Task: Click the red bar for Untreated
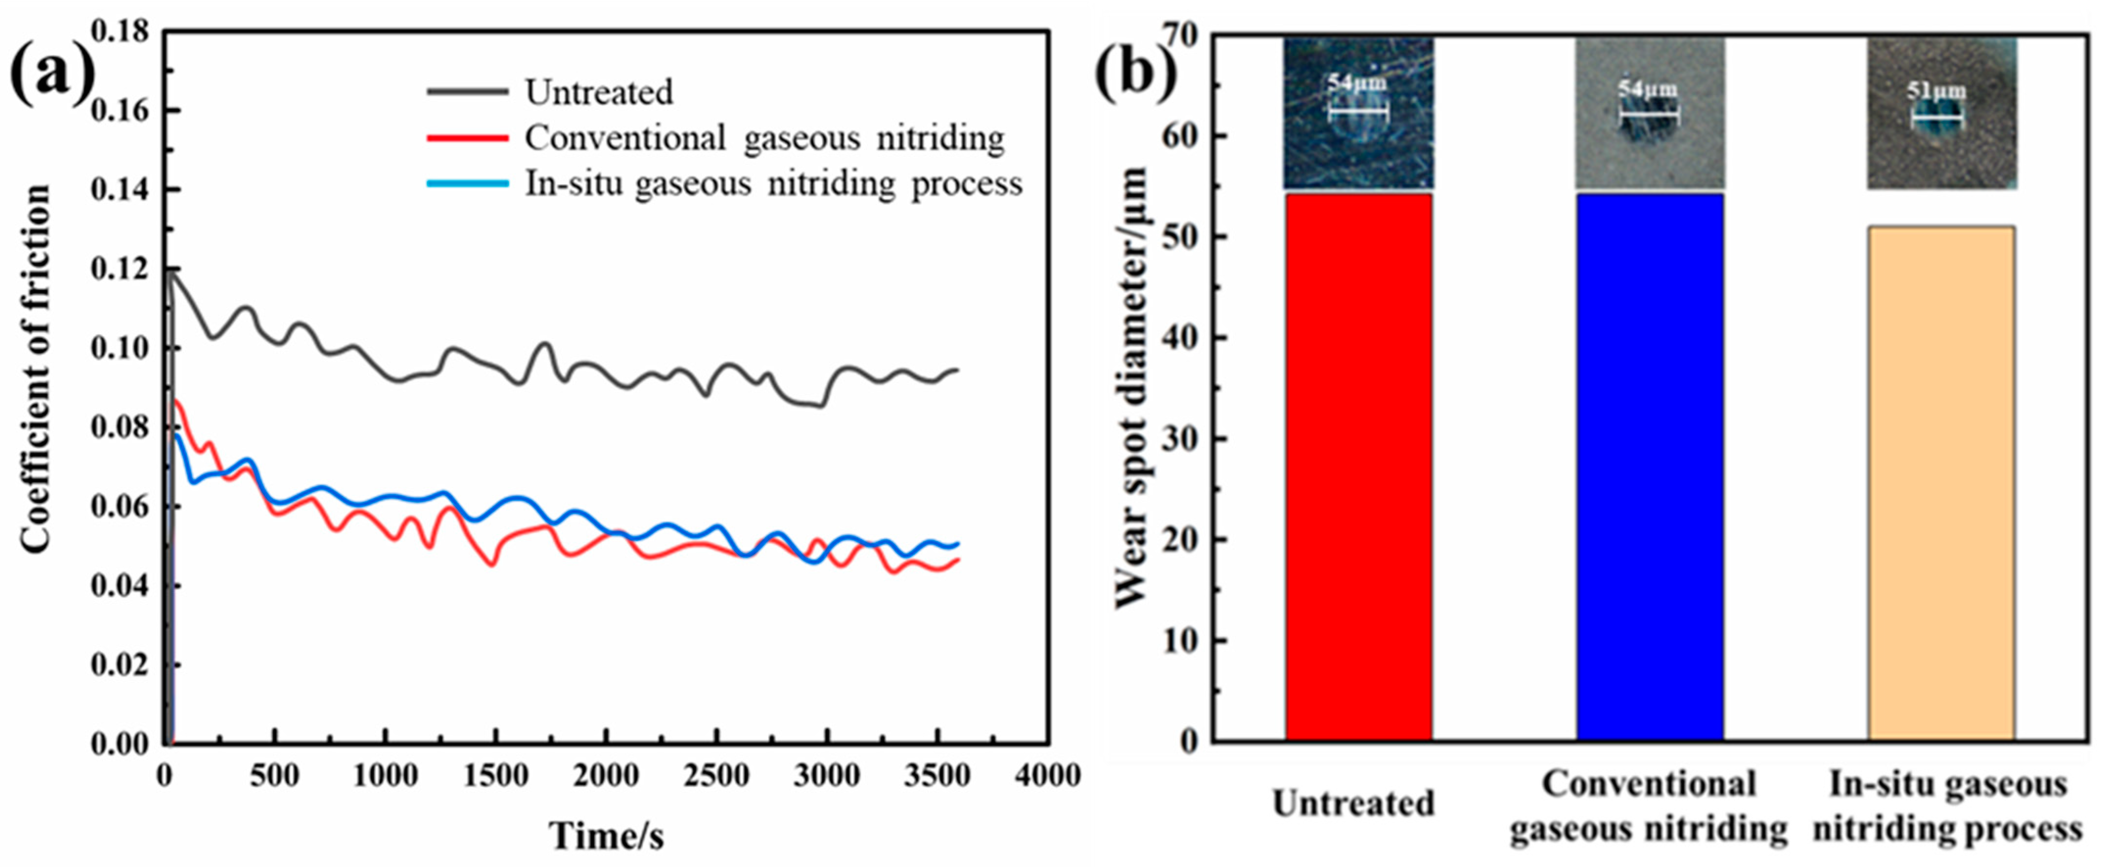[1358, 466]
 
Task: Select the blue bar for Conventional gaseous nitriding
[1650, 466]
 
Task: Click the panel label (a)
[51, 75]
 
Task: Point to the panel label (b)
[1135, 75]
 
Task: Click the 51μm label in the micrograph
[1936, 90]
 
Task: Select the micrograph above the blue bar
[1650, 114]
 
